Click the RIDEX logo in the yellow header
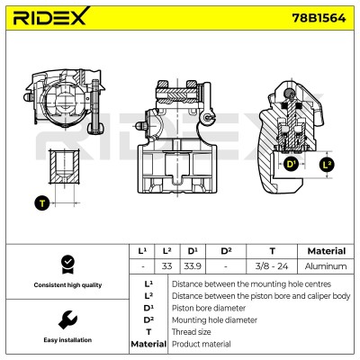(x=51, y=16)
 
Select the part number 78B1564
(x=319, y=18)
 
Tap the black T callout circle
(x=42, y=203)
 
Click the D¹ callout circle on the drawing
(x=291, y=164)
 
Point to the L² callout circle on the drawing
(x=327, y=164)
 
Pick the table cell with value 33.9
(x=193, y=266)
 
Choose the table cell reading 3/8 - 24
(x=272, y=266)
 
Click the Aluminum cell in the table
(x=326, y=266)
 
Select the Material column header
(x=327, y=251)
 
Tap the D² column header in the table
(x=226, y=251)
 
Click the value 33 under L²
(x=166, y=266)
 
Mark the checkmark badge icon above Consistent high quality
(x=67, y=265)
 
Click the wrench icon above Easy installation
(x=67, y=320)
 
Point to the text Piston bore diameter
(x=209, y=308)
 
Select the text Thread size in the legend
(x=191, y=332)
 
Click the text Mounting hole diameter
(x=214, y=320)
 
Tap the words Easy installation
(x=67, y=340)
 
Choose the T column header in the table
(x=272, y=251)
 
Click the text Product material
(x=202, y=344)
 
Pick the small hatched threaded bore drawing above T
(x=65, y=166)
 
